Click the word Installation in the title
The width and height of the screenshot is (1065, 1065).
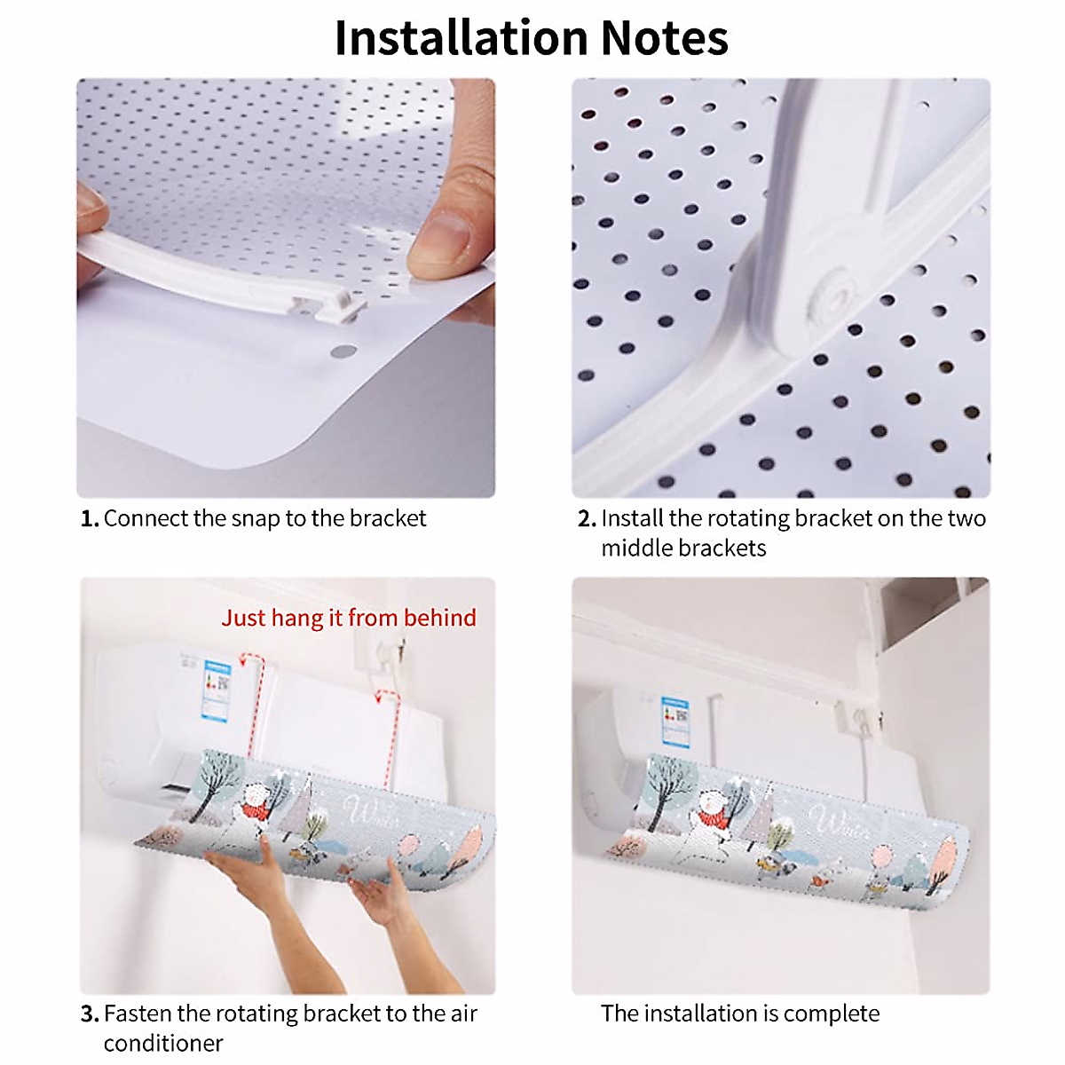coord(461,38)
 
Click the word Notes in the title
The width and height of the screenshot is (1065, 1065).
coord(664,38)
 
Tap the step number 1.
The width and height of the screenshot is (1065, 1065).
coord(89,519)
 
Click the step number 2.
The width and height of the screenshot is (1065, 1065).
coord(586,519)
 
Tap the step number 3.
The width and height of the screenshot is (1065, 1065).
coord(89,1014)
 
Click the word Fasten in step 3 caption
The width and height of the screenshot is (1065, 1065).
coord(138,1014)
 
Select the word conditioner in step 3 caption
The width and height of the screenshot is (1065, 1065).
coord(163,1044)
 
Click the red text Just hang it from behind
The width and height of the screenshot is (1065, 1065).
coord(349,618)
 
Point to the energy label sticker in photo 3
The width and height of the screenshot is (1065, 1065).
coord(217,688)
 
